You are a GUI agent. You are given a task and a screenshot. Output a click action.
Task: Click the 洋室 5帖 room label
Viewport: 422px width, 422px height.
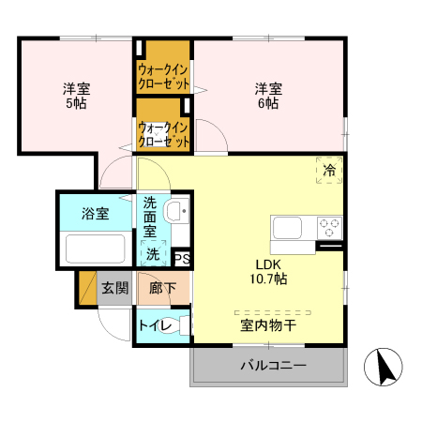point(76,97)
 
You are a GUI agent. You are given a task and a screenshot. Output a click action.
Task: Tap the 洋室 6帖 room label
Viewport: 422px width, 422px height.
point(267,97)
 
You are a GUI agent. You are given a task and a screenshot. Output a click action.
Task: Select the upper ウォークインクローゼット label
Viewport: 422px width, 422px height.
point(165,75)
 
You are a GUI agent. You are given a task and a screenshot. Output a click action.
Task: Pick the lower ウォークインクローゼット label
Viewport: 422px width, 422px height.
point(165,134)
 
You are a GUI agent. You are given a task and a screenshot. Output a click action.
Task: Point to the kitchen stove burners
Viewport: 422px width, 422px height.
point(330,226)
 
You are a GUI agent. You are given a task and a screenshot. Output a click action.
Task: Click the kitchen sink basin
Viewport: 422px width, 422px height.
point(287,227)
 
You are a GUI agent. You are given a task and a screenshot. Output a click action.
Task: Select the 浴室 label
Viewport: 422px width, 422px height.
point(94,214)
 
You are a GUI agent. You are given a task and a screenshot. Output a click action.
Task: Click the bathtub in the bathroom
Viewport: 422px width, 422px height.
point(94,249)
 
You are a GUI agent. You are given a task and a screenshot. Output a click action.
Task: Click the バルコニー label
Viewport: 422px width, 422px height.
point(272,365)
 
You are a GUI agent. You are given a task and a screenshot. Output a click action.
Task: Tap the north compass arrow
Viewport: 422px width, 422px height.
point(384,366)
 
